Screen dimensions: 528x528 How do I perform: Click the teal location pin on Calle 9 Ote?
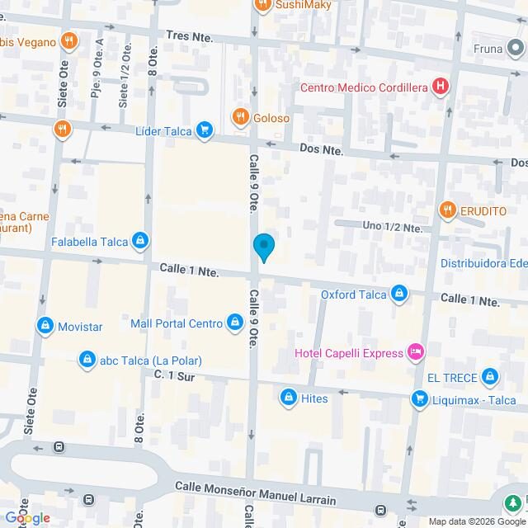[x=263, y=247]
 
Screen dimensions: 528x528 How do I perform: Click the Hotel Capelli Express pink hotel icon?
[x=417, y=353]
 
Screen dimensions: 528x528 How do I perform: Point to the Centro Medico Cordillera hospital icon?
[x=441, y=86]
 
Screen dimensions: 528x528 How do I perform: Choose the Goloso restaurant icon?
[x=240, y=117]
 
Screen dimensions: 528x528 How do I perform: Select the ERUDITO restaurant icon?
[x=447, y=210]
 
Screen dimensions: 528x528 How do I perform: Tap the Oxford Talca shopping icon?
[x=399, y=293]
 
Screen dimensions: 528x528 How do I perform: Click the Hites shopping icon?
[x=288, y=398]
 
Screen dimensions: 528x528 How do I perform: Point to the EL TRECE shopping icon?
[x=491, y=377]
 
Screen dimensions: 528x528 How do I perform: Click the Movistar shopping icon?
[x=45, y=326]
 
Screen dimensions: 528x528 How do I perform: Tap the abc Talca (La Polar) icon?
[x=87, y=360]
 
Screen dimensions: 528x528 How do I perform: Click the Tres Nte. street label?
[x=189, y=36]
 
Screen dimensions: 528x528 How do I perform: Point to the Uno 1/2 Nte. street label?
[x=393, y=227]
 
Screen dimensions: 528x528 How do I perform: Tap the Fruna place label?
[x=488, y=48]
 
